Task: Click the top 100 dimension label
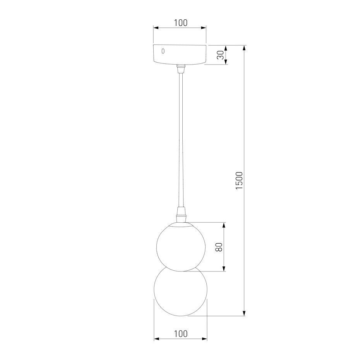click(x=180, y=23)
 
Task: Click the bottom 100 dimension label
click(x=181, y=334)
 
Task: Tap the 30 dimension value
click(x=221, y=55)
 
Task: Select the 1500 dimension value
click(x=239, y=181)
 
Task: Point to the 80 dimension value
click(x=219, y=247)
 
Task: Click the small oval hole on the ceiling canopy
click(x=163, y=51)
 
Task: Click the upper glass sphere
click(x=181, y=247)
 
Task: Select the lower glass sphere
click(x=180, y=292)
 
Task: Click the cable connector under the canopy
click(x=181, y=69)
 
